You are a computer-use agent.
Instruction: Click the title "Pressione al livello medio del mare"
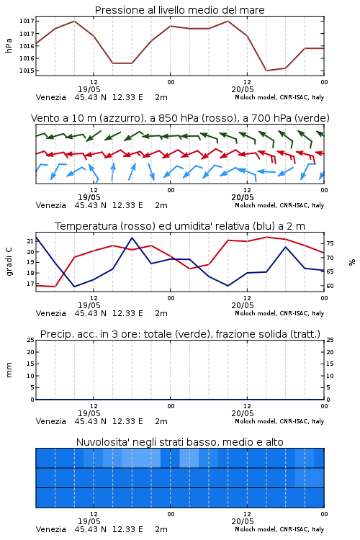(179, 10)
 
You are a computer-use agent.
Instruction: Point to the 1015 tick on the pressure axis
(27, 71)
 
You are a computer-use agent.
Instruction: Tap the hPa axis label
(9, 45)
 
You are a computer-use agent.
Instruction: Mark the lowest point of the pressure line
(266, 71)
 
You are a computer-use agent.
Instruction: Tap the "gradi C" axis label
(9, 262)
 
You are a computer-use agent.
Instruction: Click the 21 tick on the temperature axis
(31, 241)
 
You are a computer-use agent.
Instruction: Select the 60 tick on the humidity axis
(330, 286)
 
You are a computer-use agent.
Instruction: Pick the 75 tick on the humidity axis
(330, 243)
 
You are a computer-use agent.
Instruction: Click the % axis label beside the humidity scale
(352, 262)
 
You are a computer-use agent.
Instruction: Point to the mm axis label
(9, 370)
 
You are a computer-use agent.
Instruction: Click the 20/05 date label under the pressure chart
(243, 89)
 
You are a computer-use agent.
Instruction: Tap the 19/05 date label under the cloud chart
(89, 521)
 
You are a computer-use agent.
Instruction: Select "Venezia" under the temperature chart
(51, 313)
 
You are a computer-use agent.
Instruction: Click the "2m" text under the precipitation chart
(161, 421)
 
